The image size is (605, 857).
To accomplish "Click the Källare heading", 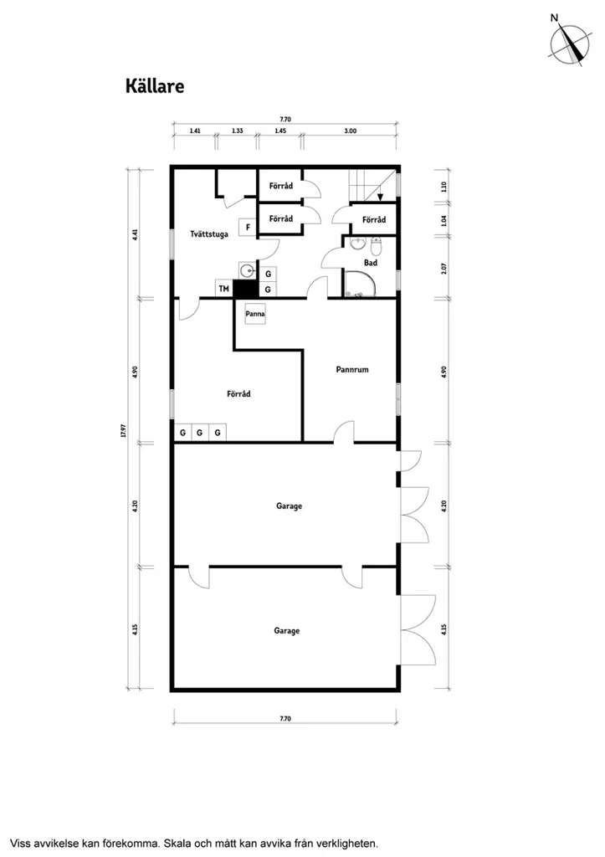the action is tap(155, 86).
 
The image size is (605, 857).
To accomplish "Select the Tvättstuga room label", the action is tap(208, 234).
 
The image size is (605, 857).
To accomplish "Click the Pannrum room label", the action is tap(352, 369).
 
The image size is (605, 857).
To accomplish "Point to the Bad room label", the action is tap(371, 263).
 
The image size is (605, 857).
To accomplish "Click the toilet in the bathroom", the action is tap(376, 247).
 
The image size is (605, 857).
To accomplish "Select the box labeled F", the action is tap(248, 227).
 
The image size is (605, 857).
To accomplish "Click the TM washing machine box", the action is tap(224, 288).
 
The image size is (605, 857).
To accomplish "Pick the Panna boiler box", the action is tap(254, 315).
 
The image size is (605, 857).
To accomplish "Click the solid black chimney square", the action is tap(245, 289).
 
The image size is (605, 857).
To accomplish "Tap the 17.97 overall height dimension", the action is tap(124, 431).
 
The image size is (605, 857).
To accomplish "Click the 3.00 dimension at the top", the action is tap(351, 131).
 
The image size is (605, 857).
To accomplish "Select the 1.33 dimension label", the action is tap(237, 131).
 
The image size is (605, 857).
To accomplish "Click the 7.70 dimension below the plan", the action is tap(285, 719).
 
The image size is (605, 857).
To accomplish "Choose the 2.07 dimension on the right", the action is tap(443, 269).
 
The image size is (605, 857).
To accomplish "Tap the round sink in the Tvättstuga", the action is tap(247, 270).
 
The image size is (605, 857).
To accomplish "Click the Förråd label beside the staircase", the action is tap(374, 220).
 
